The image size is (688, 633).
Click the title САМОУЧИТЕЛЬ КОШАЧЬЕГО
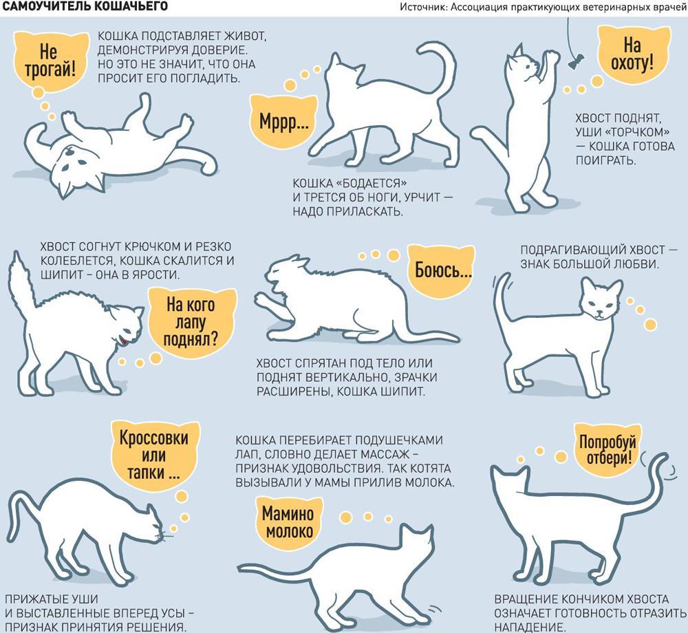85,7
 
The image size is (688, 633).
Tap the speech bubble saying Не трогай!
50,60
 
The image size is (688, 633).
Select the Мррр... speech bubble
283,120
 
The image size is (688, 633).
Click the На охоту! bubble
633,54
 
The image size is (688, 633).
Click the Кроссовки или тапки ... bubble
153,455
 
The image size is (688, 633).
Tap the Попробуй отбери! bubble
608,449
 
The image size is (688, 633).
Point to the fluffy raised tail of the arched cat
21,282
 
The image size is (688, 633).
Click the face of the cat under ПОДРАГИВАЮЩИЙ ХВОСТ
600,303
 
